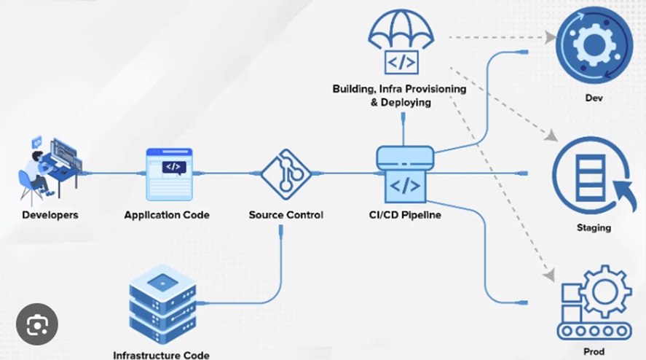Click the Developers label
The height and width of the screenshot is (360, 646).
(50, 215)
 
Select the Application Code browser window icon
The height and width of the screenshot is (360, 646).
(172, 174)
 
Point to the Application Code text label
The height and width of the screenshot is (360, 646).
(167, 215)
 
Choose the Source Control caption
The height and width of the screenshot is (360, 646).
(285, 215)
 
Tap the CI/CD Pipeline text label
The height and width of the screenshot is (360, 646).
(404, 215)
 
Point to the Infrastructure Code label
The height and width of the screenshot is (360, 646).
(161, 355)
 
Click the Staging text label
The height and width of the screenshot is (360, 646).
(594, 228)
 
